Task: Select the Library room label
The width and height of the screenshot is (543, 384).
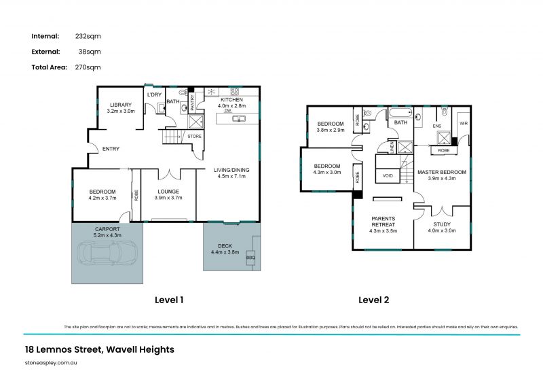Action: tap(121, 107)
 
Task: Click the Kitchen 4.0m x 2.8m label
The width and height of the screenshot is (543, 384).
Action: tap(231, 103)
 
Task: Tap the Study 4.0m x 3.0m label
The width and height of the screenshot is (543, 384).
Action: tap(441, 226)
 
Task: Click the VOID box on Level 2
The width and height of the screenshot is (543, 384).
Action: tap(388, 175)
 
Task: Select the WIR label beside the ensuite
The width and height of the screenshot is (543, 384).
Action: tap(463, 124)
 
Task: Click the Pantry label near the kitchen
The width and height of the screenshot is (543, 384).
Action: tap(192, 102)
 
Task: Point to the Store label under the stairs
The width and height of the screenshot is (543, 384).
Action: tap(194, 136)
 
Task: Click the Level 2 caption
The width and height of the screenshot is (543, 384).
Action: tap(373, 300)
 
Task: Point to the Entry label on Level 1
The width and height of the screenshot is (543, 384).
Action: tap(110, 150)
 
